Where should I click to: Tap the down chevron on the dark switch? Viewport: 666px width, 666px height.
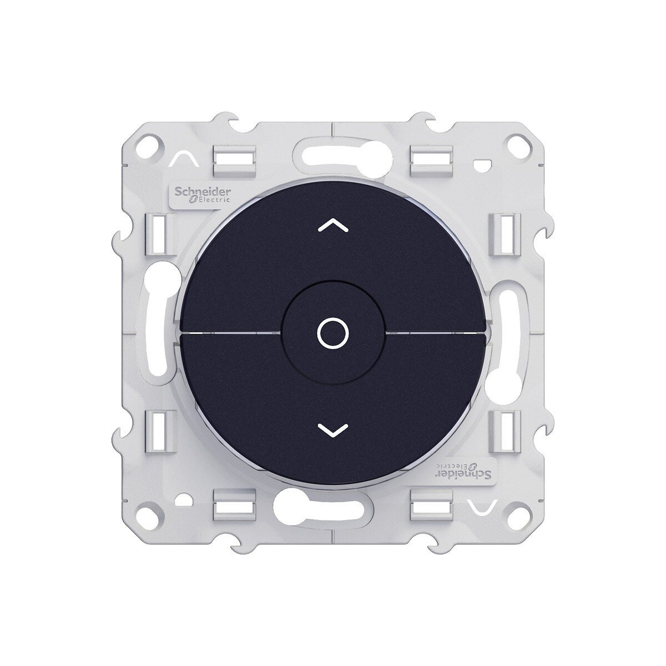tap(333, 430)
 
